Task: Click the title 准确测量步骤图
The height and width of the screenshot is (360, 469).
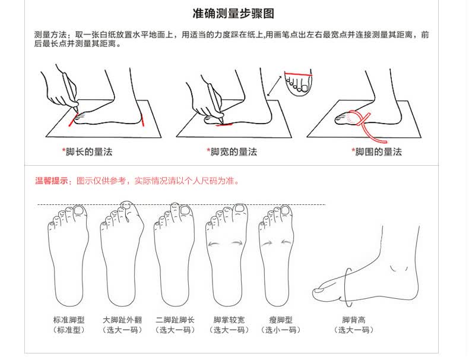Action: pos(233,14)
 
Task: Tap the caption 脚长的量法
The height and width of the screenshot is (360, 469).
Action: pos(89,151)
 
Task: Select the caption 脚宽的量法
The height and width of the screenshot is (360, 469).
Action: pos(233,151)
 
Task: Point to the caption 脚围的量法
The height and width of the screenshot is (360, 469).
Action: pos(378,151)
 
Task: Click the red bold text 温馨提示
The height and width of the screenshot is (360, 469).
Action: pos(52,181)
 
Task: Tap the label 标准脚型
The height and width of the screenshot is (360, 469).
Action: pos(69,320)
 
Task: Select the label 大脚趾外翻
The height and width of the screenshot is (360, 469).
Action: pos(122,320)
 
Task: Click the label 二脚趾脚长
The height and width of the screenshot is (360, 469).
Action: pos(175,320)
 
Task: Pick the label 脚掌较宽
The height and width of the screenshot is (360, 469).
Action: pos(229,320)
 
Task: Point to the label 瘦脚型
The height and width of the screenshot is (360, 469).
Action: pos(281,320)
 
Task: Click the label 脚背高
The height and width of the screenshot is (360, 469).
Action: pos(354,320)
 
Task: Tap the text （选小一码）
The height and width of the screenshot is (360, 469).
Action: pos(281,330)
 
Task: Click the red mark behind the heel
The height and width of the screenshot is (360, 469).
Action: pos(142,121)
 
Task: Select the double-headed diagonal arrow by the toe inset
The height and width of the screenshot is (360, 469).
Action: pos(274,86)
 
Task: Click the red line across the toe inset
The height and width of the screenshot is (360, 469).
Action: pos(298,74)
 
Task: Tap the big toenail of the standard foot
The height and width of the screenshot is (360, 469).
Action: pos(79,210)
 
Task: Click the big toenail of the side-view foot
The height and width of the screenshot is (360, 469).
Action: pos(319,290)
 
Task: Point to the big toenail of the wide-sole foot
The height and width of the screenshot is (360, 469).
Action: pos(240,208)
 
